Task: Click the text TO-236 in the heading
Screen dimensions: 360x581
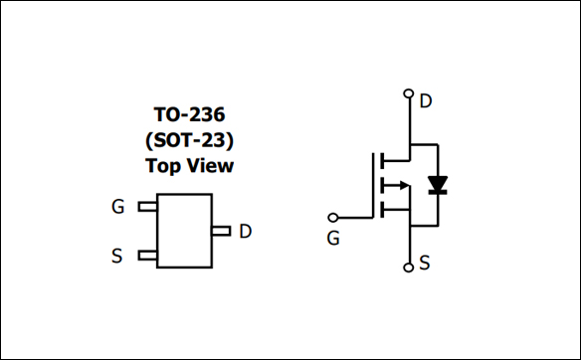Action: [189, 114]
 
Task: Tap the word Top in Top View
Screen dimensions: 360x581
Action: [163, 165]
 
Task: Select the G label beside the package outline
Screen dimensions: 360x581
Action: [118, 207]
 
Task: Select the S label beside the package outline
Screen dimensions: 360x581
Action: [117, 257]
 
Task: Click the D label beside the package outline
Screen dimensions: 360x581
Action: [245, 232]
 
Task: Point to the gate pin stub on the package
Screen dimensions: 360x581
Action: [147, 207]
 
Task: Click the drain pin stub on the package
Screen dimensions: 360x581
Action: [221, 232]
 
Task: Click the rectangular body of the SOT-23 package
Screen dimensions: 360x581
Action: [184, 232]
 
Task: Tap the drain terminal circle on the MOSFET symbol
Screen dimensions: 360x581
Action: [408, 94]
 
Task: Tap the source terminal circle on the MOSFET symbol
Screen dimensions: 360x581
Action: [408, 268]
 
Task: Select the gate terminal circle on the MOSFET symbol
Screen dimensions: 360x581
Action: [333, 217]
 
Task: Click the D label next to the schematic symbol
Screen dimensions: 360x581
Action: [426, 100]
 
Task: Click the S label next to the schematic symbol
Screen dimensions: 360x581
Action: [426, 264]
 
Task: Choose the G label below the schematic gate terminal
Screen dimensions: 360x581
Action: [333, 239]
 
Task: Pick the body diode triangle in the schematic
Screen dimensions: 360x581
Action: [437, 184]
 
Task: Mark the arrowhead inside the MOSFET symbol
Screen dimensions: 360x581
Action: [401, 184]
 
